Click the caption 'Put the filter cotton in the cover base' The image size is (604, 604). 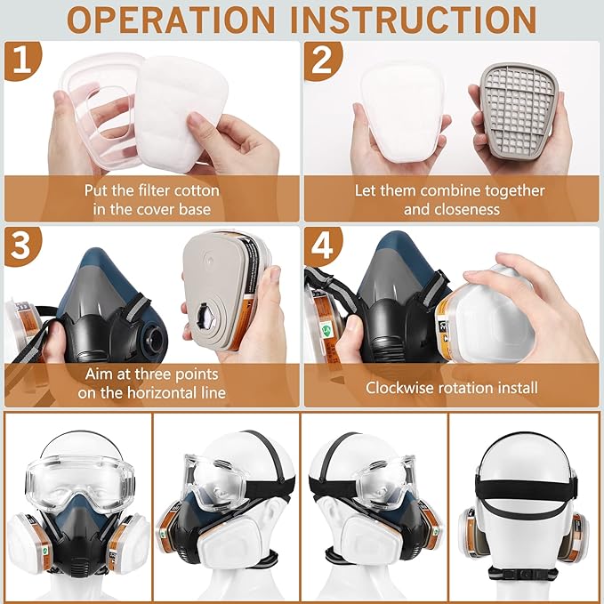point(151,200)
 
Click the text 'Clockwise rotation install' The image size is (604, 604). point(451,389)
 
